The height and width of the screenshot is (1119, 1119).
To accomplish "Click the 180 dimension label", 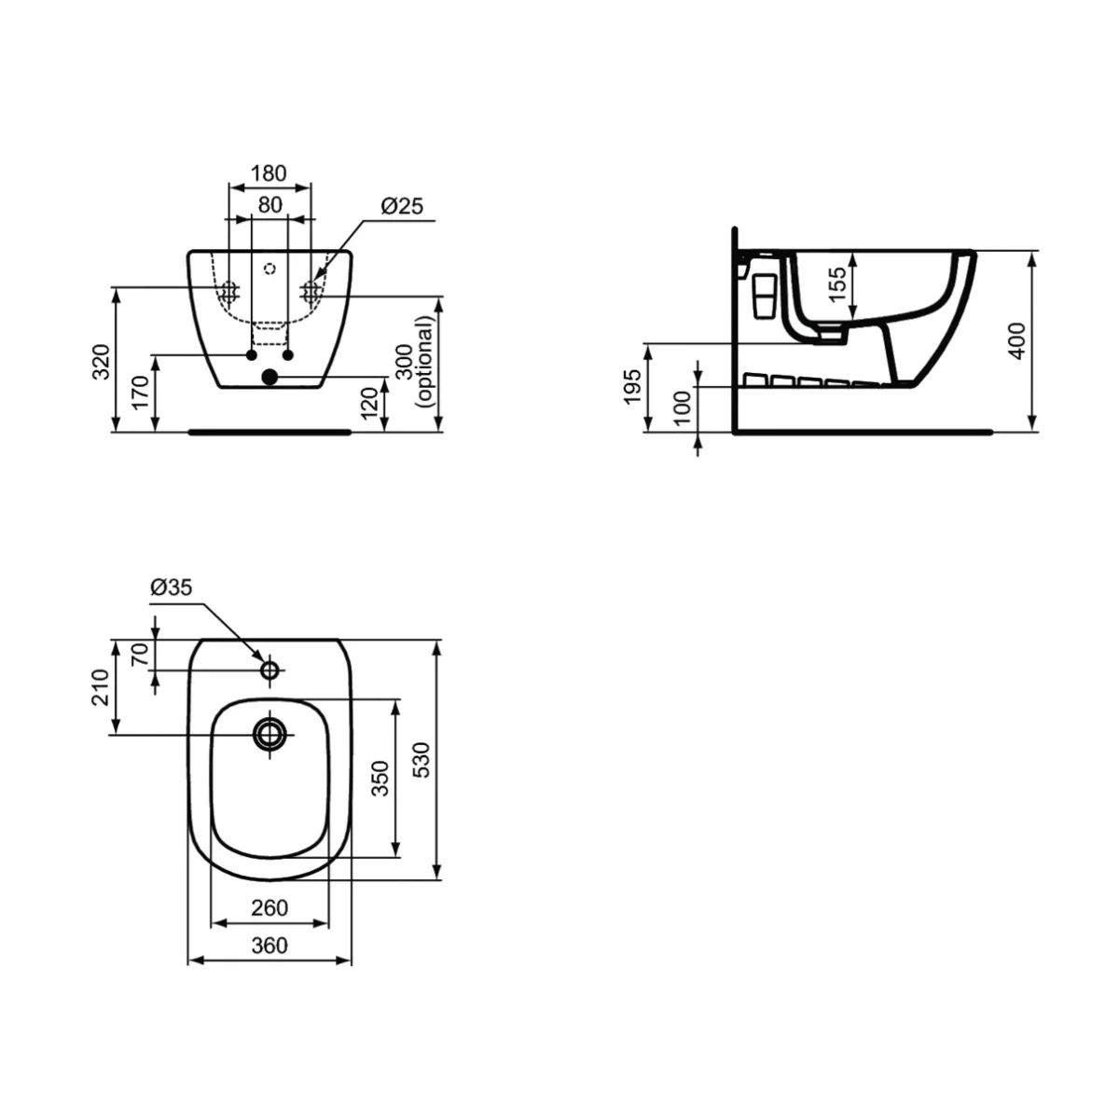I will [269, 173].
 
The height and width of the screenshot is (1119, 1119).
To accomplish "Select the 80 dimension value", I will [269, 205].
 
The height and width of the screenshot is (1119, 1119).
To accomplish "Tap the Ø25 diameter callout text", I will [402, 205].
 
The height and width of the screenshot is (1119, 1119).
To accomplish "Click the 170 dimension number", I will [140, 394].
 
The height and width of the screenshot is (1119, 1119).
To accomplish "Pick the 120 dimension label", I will [370, 403].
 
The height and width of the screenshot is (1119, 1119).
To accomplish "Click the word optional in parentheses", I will [426, 360].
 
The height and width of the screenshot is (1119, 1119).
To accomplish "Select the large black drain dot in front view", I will [269, 377].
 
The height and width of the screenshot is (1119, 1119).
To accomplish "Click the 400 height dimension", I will [1017, 340].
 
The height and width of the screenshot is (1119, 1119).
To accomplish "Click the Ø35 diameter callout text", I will [171, 587].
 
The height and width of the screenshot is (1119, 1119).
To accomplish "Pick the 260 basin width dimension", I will [269, 906].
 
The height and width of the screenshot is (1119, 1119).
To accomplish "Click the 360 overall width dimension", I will [269, 945].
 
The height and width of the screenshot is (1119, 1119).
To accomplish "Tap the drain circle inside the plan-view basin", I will [270, 734].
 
